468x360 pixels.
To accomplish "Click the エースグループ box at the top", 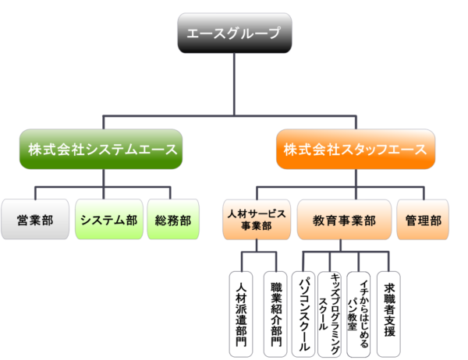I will [233, 35].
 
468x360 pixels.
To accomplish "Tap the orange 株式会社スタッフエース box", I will [355, 148].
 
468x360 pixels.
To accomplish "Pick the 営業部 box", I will [35, 221].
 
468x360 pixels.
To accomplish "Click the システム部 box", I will [108, 221].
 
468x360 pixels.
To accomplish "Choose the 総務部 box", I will [172, 221].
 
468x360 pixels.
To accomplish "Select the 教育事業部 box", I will [343, 221].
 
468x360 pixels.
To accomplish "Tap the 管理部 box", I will [424, 221].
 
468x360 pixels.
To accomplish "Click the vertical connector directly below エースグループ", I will [233, 86].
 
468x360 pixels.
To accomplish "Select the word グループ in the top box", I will [254, 35].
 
